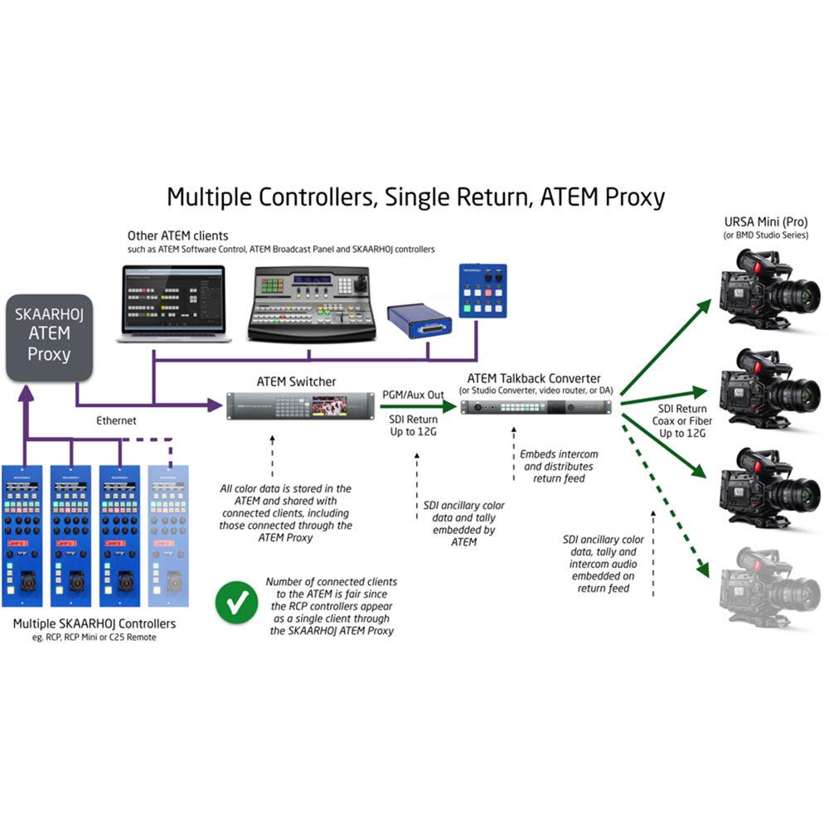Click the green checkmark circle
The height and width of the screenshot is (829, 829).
[x=235, y=603]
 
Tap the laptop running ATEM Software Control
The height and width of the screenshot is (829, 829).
[x=173, y=303]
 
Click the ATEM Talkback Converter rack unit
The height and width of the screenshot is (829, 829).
[x=536, y=407]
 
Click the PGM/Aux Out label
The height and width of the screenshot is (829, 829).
[x=414, y=395]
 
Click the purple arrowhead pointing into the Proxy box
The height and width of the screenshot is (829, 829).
[x=27, y=395]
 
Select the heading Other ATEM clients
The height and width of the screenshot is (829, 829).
[x=178, y=236]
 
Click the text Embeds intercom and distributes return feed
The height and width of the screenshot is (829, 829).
[x=558, y=466]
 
